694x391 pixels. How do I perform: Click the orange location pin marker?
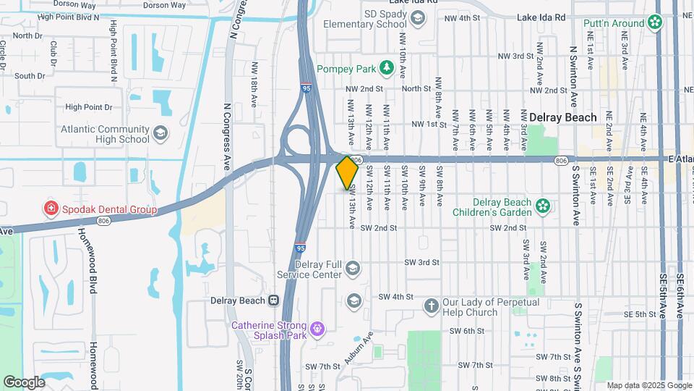(348, 172)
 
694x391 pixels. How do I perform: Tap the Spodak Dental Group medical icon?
(51, 210)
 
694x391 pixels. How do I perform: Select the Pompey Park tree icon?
(387, 67)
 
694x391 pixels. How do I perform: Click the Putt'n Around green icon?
(655, 23)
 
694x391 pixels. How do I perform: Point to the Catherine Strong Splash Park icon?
(317, 331)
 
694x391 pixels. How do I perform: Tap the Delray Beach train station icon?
(274, 300)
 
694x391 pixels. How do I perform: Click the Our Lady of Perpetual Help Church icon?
(432, 306)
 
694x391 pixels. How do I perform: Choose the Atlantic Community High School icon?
(160, 134)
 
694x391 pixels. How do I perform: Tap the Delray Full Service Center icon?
(353, 269)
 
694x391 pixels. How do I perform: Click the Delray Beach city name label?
(563, 117)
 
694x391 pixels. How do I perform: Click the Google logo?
(24, 382)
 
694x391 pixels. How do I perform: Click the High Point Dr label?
(88, 107)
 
